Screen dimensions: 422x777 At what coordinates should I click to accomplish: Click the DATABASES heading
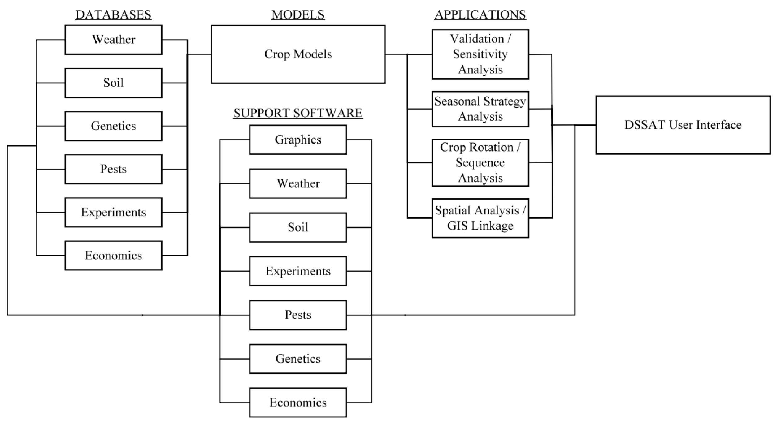pos(113,15)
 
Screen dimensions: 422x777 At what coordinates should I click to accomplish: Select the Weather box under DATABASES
pos(113,40)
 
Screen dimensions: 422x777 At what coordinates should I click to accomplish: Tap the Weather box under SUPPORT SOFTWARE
pos(298,183)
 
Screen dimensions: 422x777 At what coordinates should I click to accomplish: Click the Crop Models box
pos(298,54)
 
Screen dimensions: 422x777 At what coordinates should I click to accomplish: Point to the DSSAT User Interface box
pos(683,125)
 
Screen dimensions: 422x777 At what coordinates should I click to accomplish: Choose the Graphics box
pos(298,140)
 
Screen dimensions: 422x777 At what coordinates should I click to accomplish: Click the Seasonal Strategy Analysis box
pos(480,109)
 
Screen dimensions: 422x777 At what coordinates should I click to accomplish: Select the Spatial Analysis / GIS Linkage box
pos(480,218)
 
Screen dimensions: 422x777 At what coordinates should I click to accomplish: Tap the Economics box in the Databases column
pos(113,256)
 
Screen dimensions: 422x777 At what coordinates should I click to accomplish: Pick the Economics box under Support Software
pos(298,403)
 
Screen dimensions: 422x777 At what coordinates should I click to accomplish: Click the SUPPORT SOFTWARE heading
pos(298,113)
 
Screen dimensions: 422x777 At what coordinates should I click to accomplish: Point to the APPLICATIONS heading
pos(480,15)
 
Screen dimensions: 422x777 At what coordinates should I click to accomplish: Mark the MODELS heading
pos(298,15)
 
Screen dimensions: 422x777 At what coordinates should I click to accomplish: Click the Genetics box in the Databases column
pos(113,126)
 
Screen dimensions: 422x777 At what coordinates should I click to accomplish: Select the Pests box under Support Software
pos(298,315)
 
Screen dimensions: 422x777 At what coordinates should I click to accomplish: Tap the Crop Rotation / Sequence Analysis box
pos(480,163)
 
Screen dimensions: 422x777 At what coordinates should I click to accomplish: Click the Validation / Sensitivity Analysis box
pos(480,54)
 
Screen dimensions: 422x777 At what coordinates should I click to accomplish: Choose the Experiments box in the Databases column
pos(113,212)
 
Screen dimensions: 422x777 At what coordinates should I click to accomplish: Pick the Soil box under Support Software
pos(298,227)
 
